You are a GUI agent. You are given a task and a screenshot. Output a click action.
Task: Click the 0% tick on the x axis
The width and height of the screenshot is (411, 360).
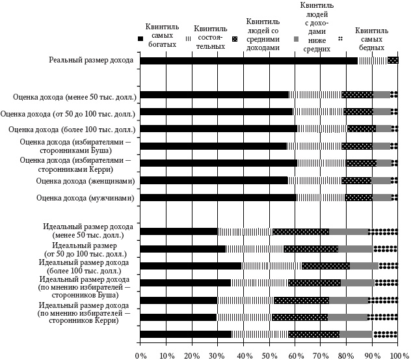point(140,355)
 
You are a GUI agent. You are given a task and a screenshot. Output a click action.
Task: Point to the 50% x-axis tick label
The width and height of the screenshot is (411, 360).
point(269,355)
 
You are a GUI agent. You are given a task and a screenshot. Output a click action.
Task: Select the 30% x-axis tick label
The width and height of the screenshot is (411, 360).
point(218,355)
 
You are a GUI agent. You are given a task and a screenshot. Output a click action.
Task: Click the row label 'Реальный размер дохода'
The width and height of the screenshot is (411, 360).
point(91,61)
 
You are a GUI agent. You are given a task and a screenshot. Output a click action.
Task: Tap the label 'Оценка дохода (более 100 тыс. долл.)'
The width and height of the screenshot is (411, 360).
point(75,129)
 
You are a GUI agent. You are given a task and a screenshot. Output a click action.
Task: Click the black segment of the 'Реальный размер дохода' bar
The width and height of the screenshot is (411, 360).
point(248,61)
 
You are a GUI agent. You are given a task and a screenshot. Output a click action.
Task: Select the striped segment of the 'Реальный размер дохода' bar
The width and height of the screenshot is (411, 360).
point(373,61)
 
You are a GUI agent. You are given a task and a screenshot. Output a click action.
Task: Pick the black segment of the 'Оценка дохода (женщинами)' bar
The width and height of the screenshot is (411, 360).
point(214,180)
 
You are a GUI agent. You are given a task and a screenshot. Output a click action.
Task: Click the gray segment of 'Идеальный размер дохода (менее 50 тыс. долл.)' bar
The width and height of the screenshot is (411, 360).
point(349,231)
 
